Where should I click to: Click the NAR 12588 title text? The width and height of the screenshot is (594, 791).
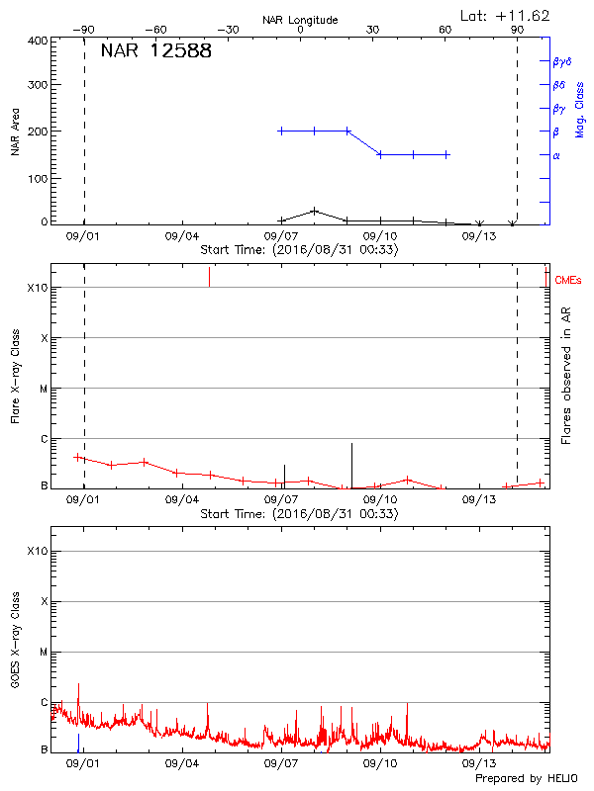coord(155,51)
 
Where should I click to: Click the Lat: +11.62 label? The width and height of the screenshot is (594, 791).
coord(506,15)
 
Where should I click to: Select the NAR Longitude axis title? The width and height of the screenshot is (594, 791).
coord(300,20)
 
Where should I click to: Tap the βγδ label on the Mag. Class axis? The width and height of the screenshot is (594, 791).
coord(561,61)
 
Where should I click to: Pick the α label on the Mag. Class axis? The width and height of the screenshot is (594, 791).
coord(556,155)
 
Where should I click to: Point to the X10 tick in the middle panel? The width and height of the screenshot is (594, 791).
coord(38,288)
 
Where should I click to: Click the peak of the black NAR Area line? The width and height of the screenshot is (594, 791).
coord(314,210)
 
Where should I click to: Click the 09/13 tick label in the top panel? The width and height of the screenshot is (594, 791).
coord(479,236)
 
